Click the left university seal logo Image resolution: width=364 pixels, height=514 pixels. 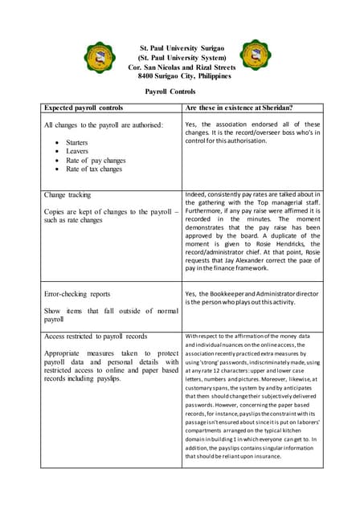(x=100, y=59)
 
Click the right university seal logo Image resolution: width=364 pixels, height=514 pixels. (x=260, y=57)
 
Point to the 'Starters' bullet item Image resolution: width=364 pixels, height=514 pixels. (x=77, y=141)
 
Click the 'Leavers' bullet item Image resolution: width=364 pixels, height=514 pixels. (x=77, y=150)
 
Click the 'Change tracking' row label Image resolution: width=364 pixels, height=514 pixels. (x=67, y=195)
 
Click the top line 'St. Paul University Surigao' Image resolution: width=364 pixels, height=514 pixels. (x=182, y=49)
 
